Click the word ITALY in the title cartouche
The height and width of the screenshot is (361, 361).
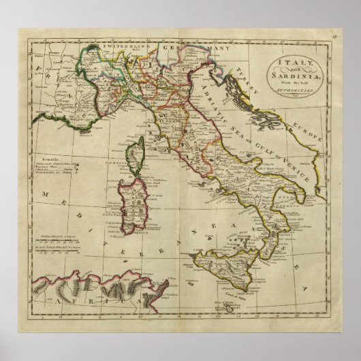pos(293,63)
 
